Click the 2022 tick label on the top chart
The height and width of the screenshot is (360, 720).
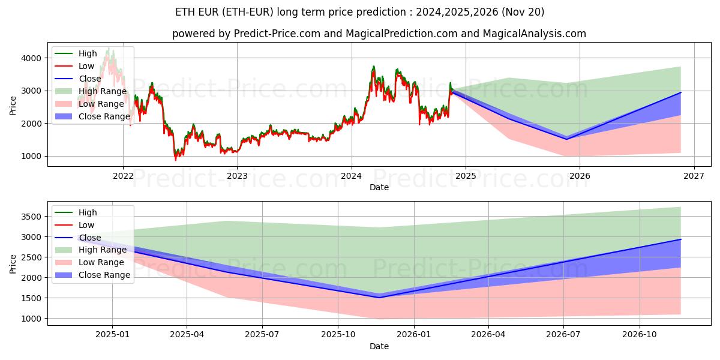click(123, 176)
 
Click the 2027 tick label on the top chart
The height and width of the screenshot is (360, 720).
click(694, 176)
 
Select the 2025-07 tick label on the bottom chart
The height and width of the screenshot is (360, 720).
click(262, 335)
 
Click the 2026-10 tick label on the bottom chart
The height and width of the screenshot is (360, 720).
click(640, 335)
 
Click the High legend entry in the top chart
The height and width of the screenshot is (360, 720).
click(88, 53)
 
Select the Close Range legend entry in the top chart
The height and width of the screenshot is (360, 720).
click(104, 116)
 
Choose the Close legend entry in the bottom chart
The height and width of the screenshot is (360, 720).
click(90, 238)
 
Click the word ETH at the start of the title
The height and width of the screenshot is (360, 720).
click(184, 12)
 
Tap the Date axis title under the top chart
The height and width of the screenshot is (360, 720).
click(379, 187)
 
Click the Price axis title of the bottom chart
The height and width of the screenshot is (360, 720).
click(13, 263)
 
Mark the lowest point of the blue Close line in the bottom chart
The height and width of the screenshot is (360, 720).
click(379, 298)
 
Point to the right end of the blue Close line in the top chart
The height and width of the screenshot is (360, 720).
click(680, 92)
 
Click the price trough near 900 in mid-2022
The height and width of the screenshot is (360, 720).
click(176, 160)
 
